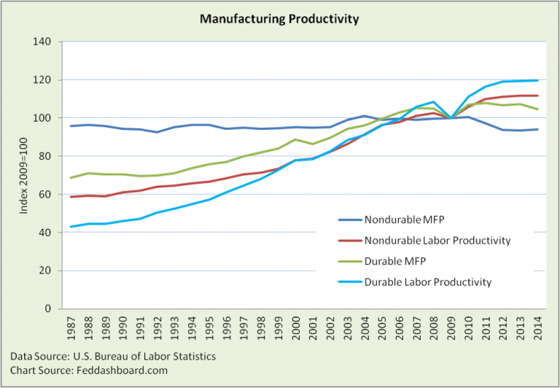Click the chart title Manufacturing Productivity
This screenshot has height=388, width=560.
(280, 19)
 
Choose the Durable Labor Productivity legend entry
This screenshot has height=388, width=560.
(416, 282)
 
